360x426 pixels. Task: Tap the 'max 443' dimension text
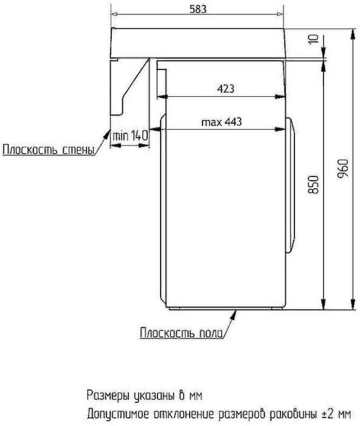coord(222,122)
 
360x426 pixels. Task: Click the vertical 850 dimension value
coord(313,184)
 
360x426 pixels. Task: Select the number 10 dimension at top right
coord(312,40)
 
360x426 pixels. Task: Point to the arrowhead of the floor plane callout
coord(235,312)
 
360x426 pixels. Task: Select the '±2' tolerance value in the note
coord(327,412)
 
